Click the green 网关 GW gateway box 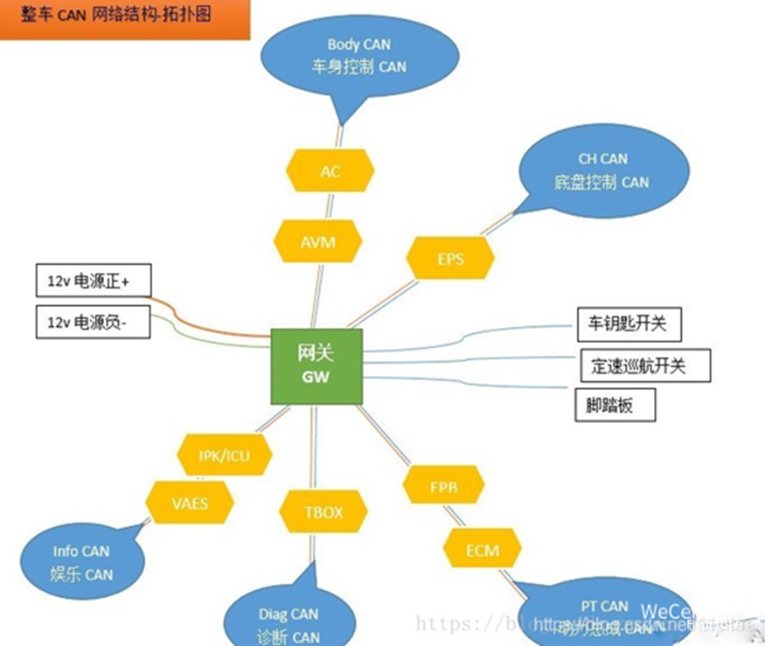pos(316,366)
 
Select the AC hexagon pos(330,171)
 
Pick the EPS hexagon pos(450,260)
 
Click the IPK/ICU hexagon pos(224,455)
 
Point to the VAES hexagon pos(190,504)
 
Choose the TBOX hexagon pos(323,512)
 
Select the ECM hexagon pos(482,551)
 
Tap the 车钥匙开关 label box pos(629,323)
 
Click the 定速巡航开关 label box pos(645,365)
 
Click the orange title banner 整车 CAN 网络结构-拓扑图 pos(125,18)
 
